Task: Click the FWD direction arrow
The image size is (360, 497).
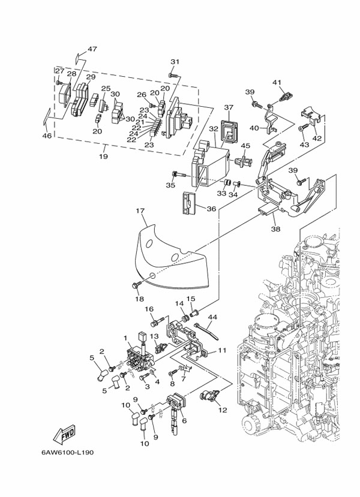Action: [64, 434]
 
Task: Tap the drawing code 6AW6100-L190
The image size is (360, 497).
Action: [67, 452]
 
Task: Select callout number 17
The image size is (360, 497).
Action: [140, 211]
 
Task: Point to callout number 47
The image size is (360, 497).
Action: [92, 49]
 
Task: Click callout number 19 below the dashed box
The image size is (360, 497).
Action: [103, 156]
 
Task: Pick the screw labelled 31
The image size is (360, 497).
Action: [173, 75]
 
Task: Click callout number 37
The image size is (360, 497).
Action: [229, 107]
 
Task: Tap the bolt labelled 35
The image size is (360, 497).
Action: [178, 174]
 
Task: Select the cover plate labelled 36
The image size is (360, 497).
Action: [189, 203]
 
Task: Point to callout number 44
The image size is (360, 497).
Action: [212, 317]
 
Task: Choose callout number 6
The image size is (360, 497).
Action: [184, 421]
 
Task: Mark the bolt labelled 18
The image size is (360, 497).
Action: [136, 285]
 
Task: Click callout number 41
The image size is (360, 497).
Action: [277, 82]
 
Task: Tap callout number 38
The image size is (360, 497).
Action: [275, 228]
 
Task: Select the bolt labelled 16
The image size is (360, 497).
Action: [157, 322]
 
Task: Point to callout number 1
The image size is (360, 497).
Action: [125, 338]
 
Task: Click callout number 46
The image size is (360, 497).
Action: [47, 136]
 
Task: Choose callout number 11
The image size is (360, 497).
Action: [223, 350]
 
